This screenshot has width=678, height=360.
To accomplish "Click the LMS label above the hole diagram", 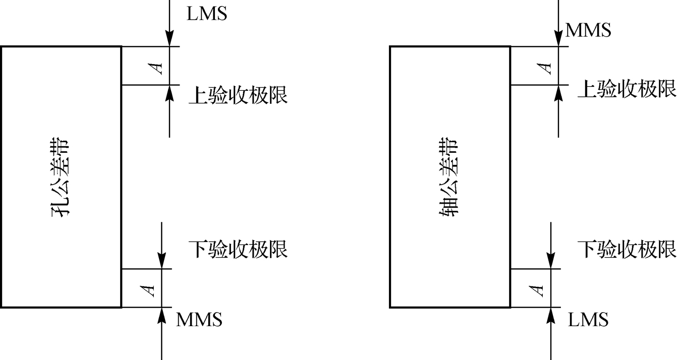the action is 207,14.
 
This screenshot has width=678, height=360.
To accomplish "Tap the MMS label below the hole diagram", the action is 199,319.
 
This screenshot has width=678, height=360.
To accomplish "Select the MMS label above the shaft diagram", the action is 588,30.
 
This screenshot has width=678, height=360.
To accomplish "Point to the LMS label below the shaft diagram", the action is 588,319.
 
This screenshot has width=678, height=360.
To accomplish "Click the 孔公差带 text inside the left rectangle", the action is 61,177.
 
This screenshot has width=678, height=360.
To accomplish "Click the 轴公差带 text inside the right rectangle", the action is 449,177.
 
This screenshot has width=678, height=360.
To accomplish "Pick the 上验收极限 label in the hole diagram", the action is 238,94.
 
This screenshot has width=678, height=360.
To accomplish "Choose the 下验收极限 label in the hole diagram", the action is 238,249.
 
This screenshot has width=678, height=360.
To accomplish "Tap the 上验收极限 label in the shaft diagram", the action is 627,89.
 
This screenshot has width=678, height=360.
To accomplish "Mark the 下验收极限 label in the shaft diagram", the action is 627,249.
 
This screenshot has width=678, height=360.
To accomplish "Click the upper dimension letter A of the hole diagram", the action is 159,66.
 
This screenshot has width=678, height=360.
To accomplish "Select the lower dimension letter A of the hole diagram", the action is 149,289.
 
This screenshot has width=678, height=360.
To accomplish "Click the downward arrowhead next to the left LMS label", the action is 170,39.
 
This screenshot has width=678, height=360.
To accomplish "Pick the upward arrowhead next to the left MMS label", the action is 161,315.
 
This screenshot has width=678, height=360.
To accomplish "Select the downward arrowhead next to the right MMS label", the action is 558,39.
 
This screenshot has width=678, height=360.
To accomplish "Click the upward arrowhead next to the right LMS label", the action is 551,315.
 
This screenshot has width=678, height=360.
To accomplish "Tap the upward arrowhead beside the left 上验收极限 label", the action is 170,92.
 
